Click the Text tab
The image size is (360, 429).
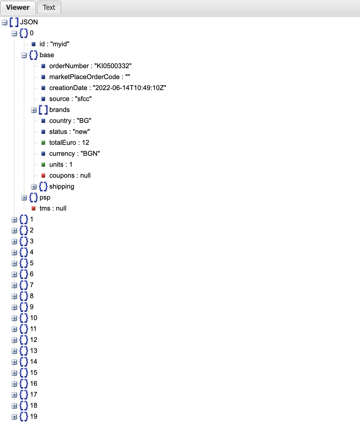pos(49,7)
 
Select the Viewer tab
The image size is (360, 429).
pos(18,7)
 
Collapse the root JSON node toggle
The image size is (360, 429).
pos(5,22)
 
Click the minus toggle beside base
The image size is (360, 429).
pos(24,55)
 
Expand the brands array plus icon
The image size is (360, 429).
pos(34,110)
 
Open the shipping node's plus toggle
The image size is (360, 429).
pos(34,187)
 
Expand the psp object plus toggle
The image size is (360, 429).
pos(24,198)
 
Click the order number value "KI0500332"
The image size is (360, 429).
pos(113,66)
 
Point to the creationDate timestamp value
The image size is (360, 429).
pos(129,88)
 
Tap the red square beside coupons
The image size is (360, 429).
pos(43,176)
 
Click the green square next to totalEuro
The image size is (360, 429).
pos(43,143)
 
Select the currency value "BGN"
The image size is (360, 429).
pos(90,154)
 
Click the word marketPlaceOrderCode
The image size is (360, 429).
pos(84,77)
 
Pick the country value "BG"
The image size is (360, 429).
pos(84,121)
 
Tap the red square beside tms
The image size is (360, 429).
pos(34,208)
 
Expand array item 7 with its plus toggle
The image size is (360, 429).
pos(14,285)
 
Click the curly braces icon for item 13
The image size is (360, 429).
pos(24,351)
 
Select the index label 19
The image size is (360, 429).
pos(34,417)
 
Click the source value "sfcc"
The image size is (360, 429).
pos(83,99)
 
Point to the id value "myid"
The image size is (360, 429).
pos(60,44)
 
